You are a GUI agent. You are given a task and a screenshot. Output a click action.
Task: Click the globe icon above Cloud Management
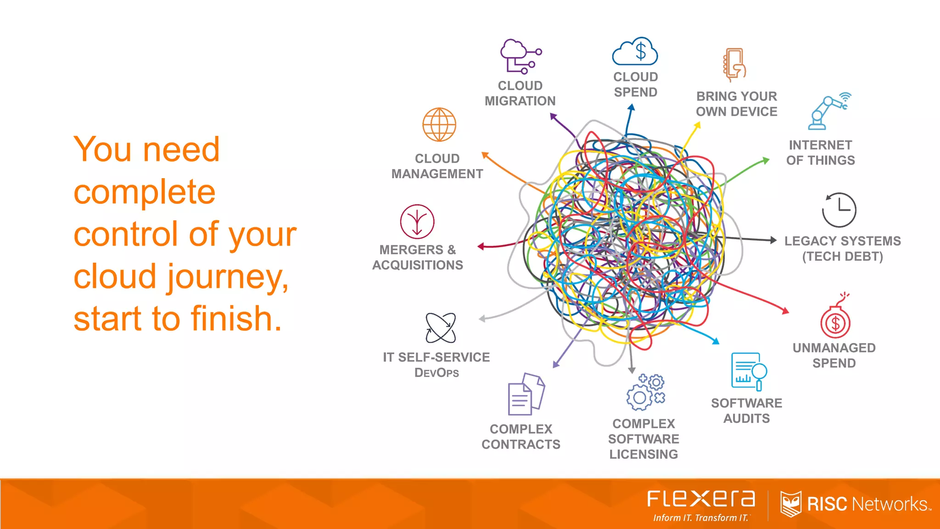[x=439, y=124]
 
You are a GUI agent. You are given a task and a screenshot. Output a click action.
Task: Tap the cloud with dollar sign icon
[x=635, y=51]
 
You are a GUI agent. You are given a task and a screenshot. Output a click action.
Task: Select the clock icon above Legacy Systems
[x=839, y=210]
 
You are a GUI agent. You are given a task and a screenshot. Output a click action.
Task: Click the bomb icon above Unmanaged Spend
[x=835, y=320]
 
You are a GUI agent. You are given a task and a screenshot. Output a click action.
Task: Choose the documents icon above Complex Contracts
[x=526, y=394]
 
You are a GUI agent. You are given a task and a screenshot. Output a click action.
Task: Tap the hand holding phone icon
[x=734, y=65]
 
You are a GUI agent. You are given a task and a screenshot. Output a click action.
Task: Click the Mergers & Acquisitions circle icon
[x=417, y=221]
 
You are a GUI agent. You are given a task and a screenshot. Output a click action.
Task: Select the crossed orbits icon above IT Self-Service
[x=441, y=328]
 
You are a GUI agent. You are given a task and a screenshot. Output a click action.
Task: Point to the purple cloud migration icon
[x=520, y=56]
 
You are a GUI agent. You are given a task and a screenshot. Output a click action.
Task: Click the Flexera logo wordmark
[x=701, y=499]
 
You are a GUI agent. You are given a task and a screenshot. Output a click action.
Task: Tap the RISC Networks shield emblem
[x=791, y=504]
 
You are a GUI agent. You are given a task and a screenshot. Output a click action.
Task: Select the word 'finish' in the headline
[x=236, y=318]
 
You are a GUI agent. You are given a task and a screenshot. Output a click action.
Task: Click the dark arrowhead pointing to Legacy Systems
[x=773, y=240]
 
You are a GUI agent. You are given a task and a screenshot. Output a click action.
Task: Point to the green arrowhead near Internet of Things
[x=766, y=160]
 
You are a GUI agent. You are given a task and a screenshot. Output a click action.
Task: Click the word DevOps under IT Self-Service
[x=436, y=372]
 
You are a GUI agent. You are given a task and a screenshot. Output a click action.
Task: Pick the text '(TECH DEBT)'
[x=842, y=256]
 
